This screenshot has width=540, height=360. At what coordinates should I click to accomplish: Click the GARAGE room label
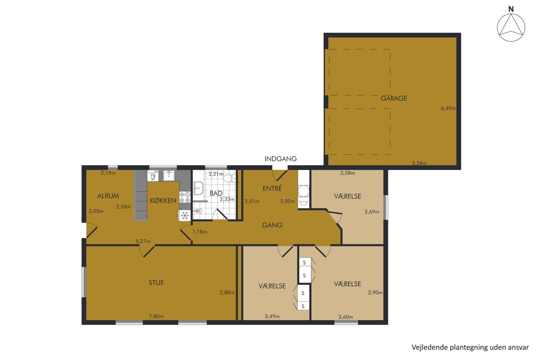pyautogui.click(x=394, y=98)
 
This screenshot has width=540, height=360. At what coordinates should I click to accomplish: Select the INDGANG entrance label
pyautogui.click(x=281, y=159)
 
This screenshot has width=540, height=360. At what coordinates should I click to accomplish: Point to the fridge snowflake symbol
pyautogui.click(x=184, y=215)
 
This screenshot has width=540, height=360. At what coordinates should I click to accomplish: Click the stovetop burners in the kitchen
pyautogui.click(x=185, y=197)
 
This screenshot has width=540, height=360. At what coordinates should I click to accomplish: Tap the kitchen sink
pyautogui.click(x=170, y=175)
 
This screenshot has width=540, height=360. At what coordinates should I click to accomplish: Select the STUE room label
pyautogui.click(x=156, y=282)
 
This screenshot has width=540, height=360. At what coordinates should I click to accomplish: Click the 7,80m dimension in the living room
pyautogui.click(x=156, y=316)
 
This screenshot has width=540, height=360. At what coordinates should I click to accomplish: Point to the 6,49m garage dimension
pyautogui.click(x=448, y=108)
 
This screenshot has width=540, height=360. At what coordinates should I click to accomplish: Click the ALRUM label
pyautogui.click(x=108, y=196)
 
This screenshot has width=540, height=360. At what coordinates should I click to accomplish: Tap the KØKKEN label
pyautogui.click(x=163, y=200)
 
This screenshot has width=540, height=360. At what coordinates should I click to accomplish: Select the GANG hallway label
pyautogui.click(x=272, y=225)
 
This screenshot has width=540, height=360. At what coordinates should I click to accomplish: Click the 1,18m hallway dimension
pyautogui.click(x=200, y=232)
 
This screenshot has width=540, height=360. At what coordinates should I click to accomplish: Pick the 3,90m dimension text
pyautogui.click(x=375, y=292)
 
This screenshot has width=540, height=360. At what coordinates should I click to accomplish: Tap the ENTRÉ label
pyautogui.click(x=272, y=188)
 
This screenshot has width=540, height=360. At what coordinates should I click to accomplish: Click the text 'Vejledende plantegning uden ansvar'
pyautogui.click(x=470, y=347)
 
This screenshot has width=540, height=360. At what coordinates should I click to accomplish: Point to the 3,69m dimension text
pyautogui.click(x=372, y=211)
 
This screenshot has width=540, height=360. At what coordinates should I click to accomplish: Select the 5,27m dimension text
pyautogui.click(x=143, y=241)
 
